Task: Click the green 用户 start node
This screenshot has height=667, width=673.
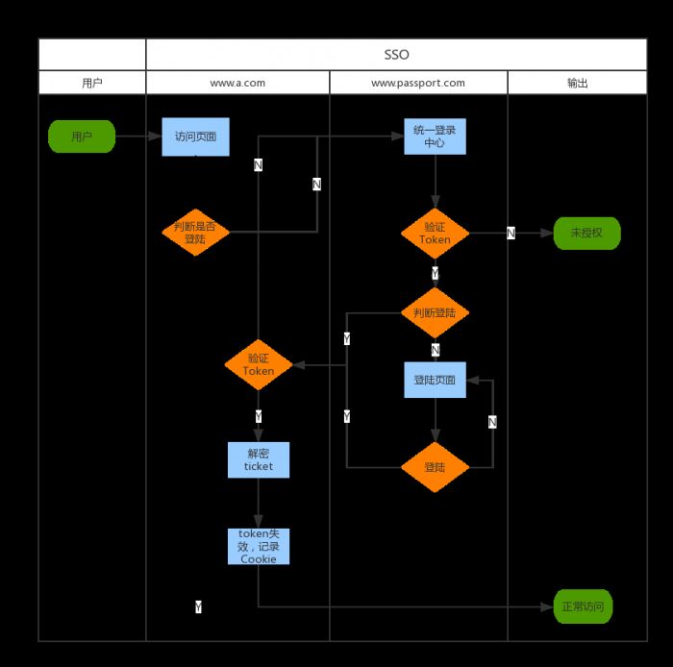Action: click(x=82, y=136)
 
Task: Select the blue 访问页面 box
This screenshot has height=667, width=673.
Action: click(x=195, y=136)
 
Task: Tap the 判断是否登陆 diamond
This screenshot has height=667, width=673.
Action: click(x=195, y=233)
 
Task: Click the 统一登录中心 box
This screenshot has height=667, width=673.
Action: click(x=435, y=136)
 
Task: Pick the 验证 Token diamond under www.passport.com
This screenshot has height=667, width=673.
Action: click(x=435, y=234)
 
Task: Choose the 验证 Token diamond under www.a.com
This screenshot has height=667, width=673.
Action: click(x=258, y=364)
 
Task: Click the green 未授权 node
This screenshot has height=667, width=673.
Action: click(x=586, y=233)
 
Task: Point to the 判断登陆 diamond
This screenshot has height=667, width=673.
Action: click(x=435, y=312)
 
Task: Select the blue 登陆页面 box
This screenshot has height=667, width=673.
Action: click(x=435, y=380)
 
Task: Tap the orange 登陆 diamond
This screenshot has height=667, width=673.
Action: click(x=435, y=467)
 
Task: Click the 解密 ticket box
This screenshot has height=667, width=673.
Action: click(x=258, y=459)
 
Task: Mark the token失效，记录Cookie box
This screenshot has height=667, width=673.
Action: click(x=258, y=546)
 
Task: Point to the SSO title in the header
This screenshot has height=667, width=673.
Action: click(x=396, y=55)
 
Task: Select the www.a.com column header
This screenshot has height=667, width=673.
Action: click(x=237, y=83)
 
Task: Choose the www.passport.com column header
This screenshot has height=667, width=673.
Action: click(x=418, y=83)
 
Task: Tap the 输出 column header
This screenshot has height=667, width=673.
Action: click(x=577, y=83)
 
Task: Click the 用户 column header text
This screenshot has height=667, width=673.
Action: click(x=92, y=83)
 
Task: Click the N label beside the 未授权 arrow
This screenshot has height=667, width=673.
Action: click(x=511, y=234)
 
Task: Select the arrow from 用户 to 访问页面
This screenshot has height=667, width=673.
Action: click(x=138, y=136)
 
